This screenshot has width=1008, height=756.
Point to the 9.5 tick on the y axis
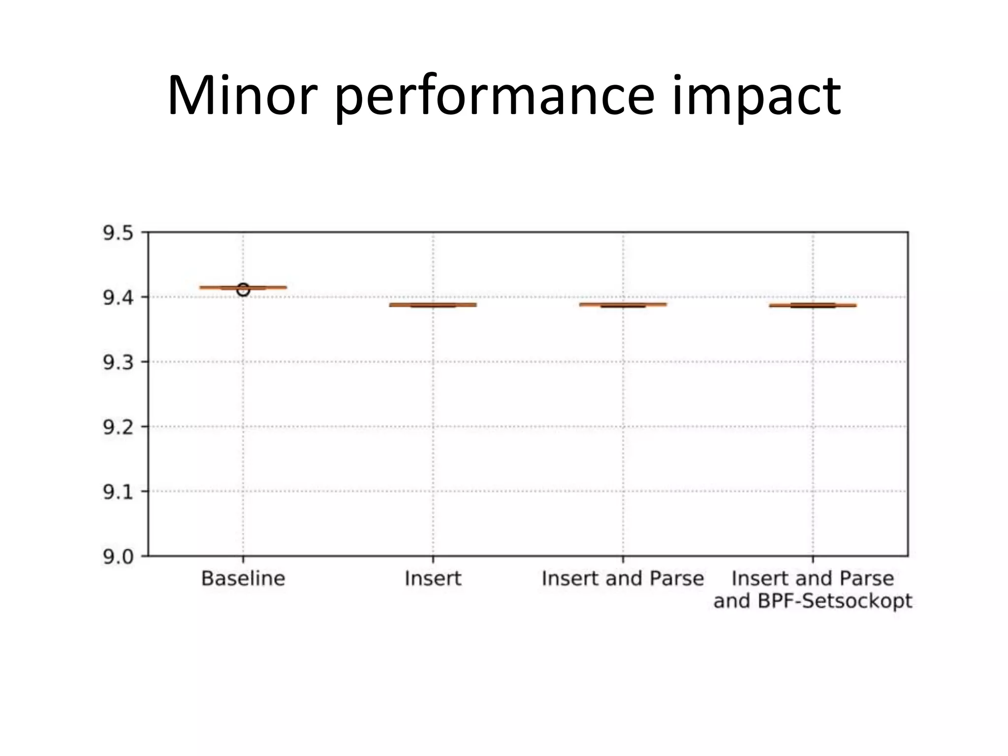click(118, 233)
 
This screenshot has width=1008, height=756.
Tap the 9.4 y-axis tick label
click(118, 298)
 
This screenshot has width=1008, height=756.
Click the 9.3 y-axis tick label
click(118, 363)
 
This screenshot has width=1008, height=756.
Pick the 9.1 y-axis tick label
click(118, 492)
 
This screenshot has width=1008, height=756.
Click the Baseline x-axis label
click(243, 579)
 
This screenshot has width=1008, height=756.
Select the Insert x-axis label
click(433, 579)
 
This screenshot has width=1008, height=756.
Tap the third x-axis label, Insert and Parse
click(623, 579)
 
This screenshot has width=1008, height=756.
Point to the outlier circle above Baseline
click(243, 290)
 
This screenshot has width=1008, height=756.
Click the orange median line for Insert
click(433, 305)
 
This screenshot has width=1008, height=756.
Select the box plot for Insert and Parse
click(623, 305)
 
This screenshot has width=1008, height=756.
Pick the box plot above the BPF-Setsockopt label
click(813, 305)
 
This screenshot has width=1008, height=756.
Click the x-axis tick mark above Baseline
click(243, 560)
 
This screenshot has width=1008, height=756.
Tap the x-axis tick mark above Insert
click(433, 560)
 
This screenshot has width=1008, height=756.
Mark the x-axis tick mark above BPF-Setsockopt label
click(813, 560)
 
